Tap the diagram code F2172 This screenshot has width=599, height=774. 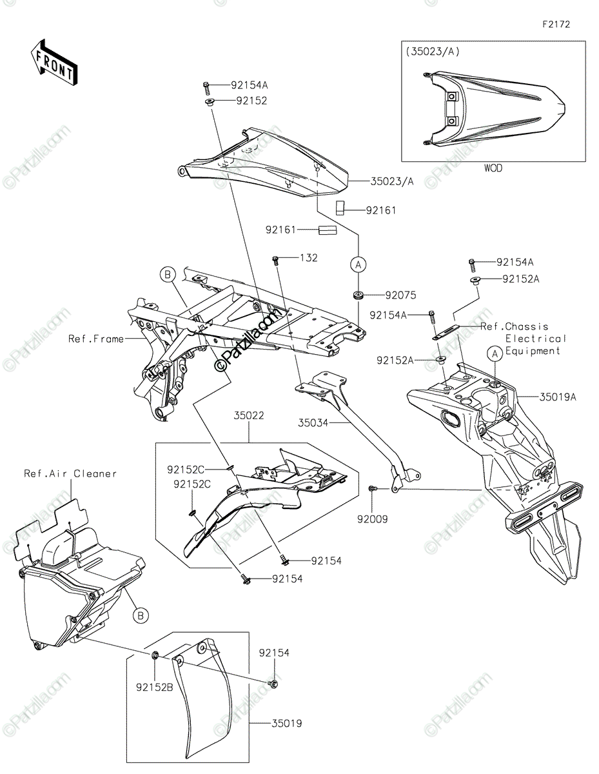coord(556,25)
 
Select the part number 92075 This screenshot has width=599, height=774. coord(401,295)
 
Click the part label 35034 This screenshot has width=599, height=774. coord(313,422)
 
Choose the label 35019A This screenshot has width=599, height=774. coord(558,397)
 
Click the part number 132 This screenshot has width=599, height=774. coord(309,257)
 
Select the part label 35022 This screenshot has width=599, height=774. coord(249,415)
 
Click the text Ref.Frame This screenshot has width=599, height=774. coord(96,339)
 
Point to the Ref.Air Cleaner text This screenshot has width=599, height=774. coord(70,473)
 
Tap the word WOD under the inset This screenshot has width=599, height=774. coord(493,168)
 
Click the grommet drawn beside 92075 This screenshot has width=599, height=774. coord(357,295)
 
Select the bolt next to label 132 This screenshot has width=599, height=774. coord(275,261)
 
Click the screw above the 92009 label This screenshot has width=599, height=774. coord(372,489)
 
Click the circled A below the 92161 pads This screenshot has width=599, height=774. coord(358,264)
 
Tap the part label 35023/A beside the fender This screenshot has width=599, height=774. coord(392,182)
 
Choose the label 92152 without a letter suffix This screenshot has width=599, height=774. coord(251,101)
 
